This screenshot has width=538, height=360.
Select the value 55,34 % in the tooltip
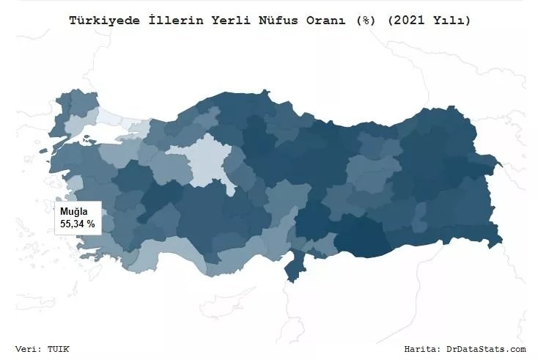pyautogui.click(x=77, y=223)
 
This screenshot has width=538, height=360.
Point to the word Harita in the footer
pyautogui.click(x=421, y=349)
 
